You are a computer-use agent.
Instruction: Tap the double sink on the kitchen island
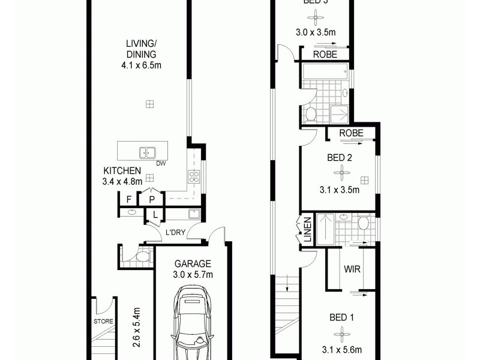pos(148,152)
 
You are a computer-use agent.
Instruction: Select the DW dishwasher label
pos(160,163)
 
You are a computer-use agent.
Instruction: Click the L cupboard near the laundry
pos(155,214)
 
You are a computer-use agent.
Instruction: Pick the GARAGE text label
pos(193,263)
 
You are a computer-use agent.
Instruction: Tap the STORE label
pos(103,322)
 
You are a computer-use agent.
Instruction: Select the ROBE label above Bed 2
pos(351,133)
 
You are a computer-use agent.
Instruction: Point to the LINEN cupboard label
pos(307,230)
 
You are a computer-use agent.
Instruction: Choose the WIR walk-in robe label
pos(353,269)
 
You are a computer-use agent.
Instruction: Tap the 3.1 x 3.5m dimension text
pos(340,191)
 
